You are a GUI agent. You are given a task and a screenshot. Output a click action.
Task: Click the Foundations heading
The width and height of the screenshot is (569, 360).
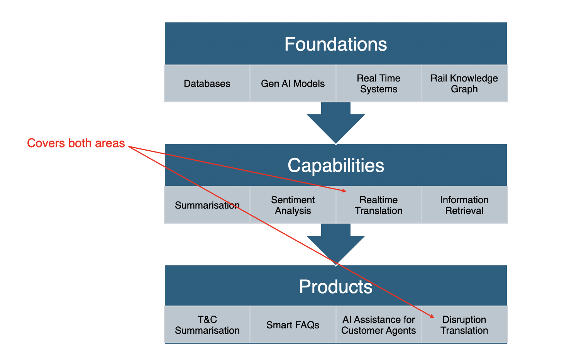point(335,44)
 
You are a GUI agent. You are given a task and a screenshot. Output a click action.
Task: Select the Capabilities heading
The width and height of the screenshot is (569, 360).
point(335,165)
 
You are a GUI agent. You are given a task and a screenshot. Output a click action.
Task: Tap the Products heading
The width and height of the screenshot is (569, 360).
point(335,287)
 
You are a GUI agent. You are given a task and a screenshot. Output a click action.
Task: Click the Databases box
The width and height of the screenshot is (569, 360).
point(207,83)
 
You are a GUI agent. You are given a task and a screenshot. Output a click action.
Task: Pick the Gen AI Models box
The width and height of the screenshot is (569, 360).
point(293,83)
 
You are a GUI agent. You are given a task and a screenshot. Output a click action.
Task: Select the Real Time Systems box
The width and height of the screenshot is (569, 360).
point(378,83)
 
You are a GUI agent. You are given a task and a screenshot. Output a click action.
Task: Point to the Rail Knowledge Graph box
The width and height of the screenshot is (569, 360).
point(464,83)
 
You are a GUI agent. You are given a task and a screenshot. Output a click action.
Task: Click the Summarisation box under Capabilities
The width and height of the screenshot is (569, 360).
point(207,205)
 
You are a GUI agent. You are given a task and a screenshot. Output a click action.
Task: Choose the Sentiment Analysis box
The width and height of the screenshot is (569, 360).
point(293,205)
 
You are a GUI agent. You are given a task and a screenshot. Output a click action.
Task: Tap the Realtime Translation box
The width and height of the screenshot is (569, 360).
point(378,205)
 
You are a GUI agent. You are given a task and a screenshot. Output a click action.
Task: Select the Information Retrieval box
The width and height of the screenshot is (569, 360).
point(464,205)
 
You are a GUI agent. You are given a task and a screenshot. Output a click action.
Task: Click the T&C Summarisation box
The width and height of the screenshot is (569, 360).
point(207,325)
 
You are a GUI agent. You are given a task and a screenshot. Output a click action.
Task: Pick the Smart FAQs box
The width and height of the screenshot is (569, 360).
point(293,325)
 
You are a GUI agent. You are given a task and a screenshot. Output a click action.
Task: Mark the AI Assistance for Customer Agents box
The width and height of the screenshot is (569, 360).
point(378,325)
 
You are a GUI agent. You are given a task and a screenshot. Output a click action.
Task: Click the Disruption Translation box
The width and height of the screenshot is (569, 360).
point(464,325)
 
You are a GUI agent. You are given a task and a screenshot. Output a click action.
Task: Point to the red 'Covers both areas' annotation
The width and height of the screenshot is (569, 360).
point(76,143)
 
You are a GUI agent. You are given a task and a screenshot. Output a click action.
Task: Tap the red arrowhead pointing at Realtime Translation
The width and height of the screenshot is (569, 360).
point(344,190)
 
